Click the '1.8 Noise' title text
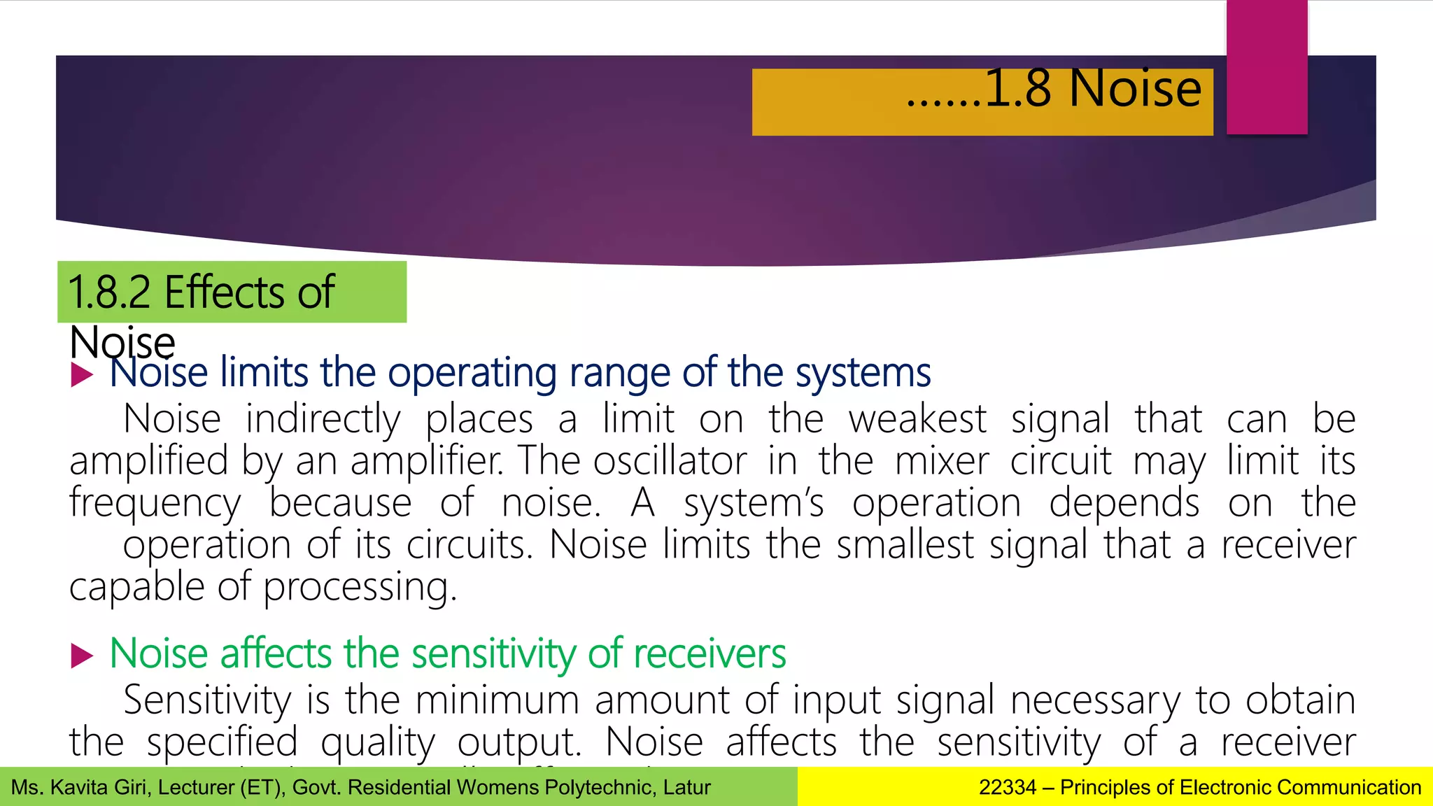coord(1092,89)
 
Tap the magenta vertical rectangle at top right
coord(1266,66)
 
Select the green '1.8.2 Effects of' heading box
coord(232,292)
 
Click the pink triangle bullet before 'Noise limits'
coord(82,374)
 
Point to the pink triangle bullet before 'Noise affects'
coord(82,656)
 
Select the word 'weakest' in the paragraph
coord(917,420)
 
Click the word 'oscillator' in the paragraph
coord(670,462)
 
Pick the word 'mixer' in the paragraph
coord(942,462)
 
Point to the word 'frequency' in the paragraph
coord(155,504)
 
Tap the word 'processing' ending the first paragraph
coord(359,588)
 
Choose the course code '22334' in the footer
coord(1007,788)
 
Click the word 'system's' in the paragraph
coord(754,504)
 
